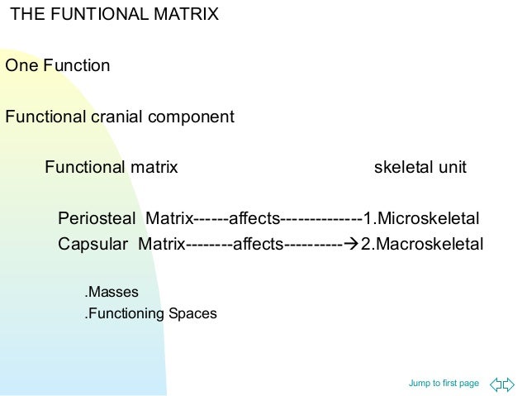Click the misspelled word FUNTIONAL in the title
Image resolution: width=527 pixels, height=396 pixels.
pyautogui.click(x=105, y=14)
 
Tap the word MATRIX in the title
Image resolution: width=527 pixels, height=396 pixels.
pyautogui.click(x=187, y=14)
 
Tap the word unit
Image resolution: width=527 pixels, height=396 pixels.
pyautogui.click(x=452, y=168)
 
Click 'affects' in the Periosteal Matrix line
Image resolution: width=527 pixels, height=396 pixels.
pyautogui.click(x=254, y=219)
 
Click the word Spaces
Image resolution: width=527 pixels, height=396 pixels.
pyautogui.click(x=192, y=313)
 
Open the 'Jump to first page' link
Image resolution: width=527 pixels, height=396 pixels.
pyautogui.click(x=444, y=383)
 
